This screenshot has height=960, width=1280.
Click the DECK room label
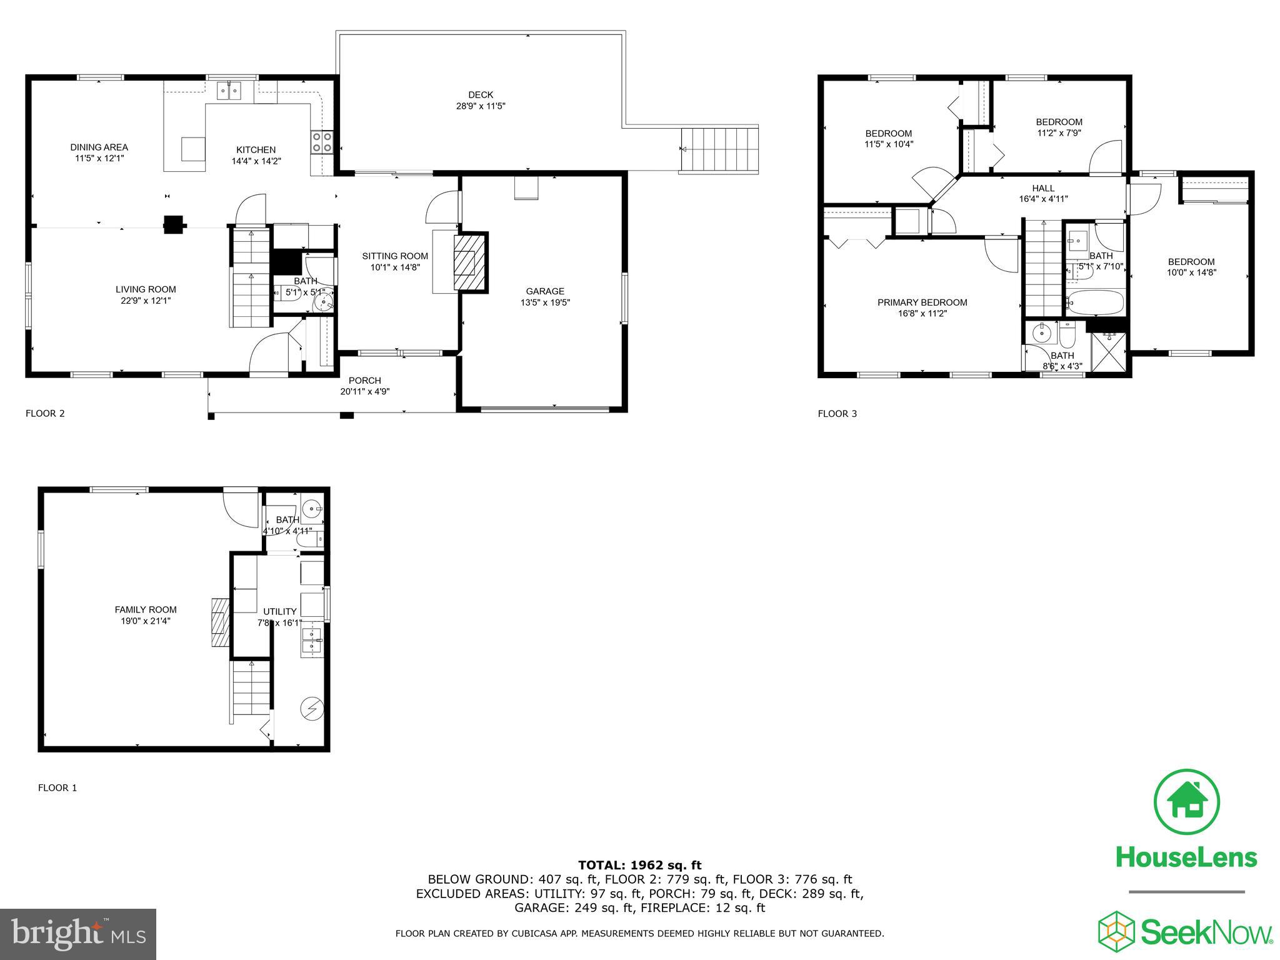point(480,95)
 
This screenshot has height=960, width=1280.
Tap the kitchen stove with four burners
point(322,142)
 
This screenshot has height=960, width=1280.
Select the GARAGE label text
point(545,291)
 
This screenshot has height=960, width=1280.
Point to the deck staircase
point(719,149)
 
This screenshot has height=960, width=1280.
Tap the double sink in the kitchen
point(229,92)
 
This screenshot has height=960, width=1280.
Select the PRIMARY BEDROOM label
point(922,302)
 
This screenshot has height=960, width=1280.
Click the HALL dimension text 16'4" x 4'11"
point(1042,199)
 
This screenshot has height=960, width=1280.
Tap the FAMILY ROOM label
point(146,609)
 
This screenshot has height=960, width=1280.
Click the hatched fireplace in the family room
point(220,622)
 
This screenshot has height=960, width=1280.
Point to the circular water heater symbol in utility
point(311,708)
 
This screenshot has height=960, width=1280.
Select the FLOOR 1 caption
point(57,787)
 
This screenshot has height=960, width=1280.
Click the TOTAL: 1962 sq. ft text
point(639,865)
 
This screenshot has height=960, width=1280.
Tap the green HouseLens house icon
point(1186,802)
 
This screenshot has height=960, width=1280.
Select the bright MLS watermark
point(78,934)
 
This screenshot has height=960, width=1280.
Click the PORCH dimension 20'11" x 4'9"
point(364,392)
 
